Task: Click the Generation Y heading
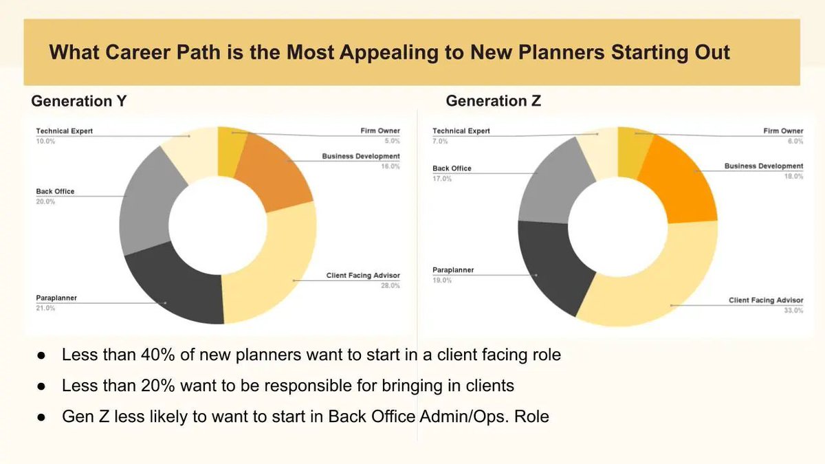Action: click(x=79, y=101)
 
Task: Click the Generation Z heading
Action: click(x=493, y=101)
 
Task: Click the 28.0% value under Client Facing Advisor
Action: click(x=390, y=285)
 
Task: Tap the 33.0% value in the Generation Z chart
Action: click(x=793, y=311)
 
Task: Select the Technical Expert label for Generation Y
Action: click(x=64, y=131)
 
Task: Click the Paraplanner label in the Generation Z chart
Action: click(x=453, y=270)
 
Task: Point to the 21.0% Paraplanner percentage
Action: click(x=45, y=308)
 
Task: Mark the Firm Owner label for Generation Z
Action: click(x=783, y=131)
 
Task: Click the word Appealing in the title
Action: click(x=388, y=53)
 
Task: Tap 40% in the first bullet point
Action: click(x=157, y=355)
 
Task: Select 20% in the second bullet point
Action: click(x=157, y=386)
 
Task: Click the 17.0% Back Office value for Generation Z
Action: click(x=442, y=179)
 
